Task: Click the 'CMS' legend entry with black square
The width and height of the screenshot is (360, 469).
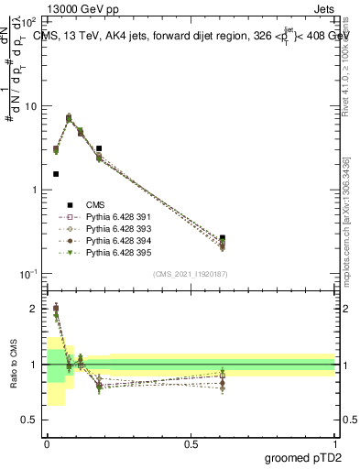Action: [x=88, y=205]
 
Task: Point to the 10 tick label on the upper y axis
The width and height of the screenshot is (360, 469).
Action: [x=30, y=106]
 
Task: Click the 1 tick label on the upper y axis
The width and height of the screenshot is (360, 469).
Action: [x=34, y=191]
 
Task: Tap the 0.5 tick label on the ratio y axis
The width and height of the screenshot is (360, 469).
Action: [x=28, y=420]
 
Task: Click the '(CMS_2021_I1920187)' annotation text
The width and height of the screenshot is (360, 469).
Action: [x=191, y=274]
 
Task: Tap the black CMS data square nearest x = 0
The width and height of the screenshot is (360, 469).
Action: [x=56, y=174]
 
